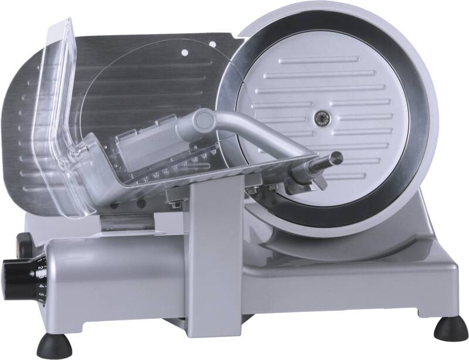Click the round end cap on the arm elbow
tap(204, 121)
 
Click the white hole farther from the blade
tap(185, 53)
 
